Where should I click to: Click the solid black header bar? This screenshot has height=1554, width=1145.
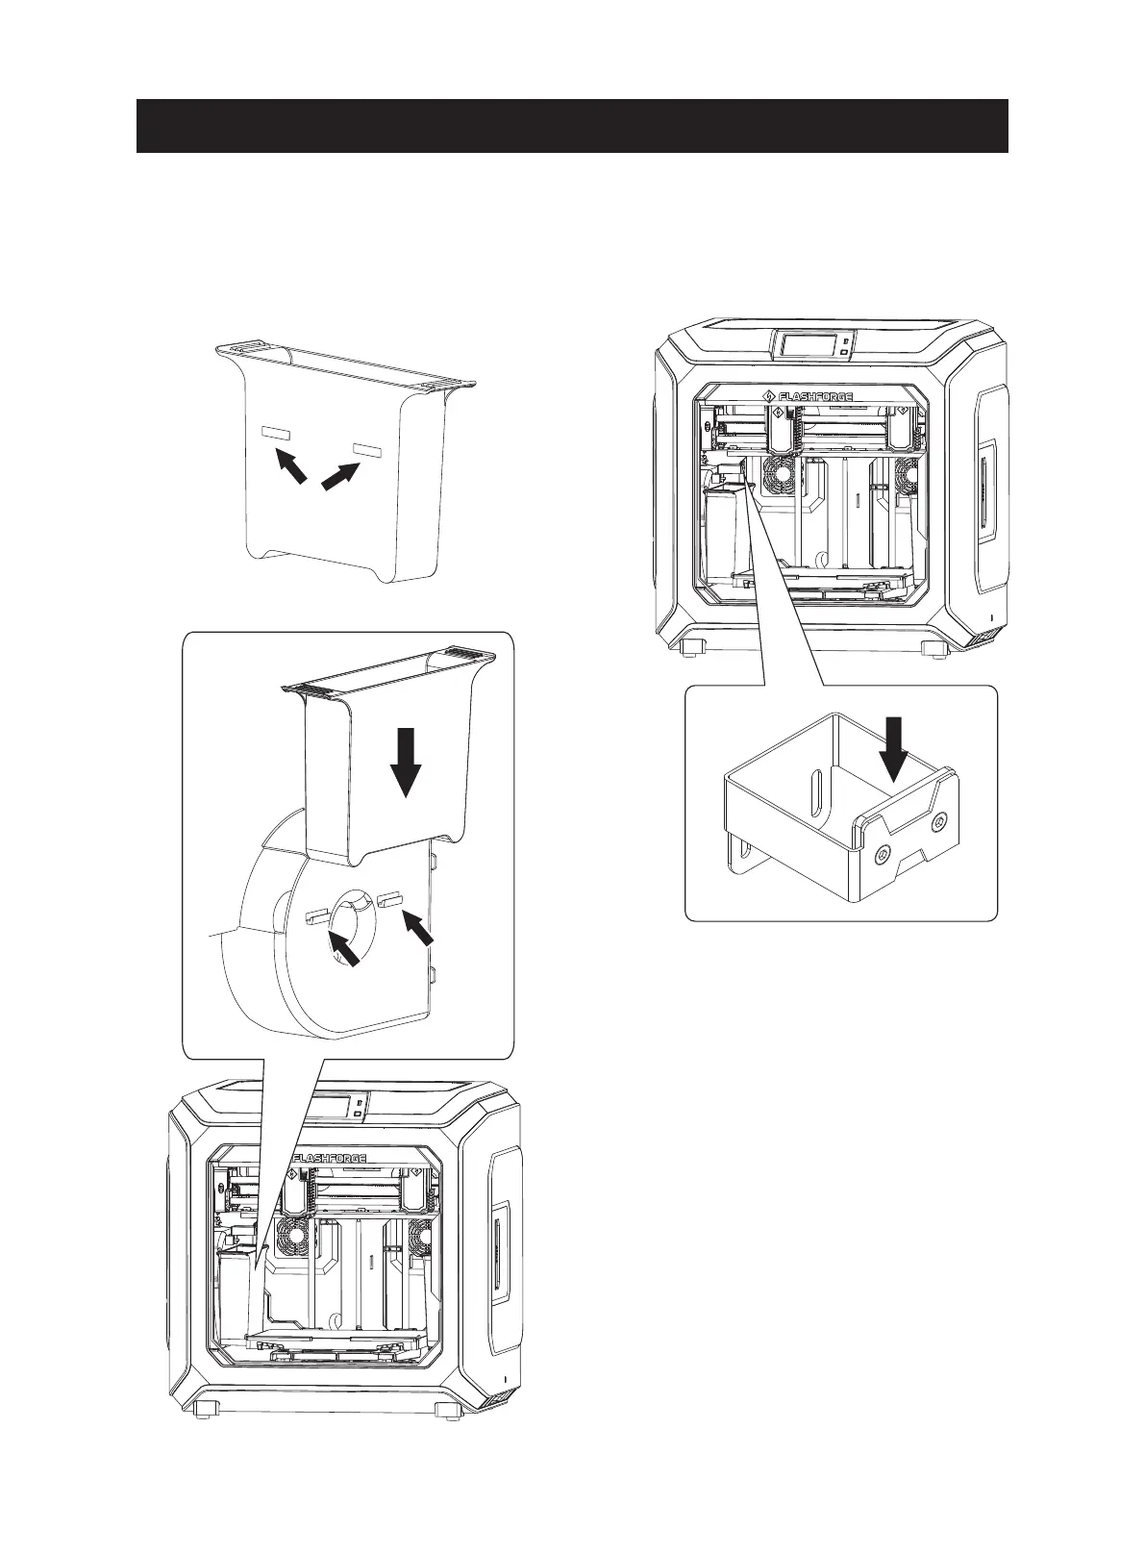(571, 125)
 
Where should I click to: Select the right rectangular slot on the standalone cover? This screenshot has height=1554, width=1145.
(367, 450)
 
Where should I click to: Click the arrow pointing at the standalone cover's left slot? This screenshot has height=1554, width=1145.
(293, 467)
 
